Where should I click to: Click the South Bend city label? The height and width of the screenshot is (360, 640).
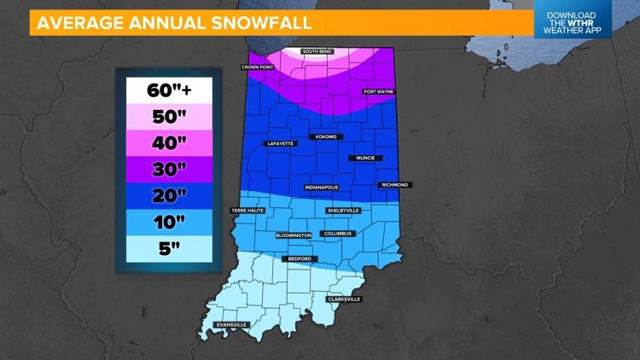[317, 52]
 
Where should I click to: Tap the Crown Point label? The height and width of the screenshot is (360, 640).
[257, 67]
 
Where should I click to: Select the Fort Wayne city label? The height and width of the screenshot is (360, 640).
[379, 91]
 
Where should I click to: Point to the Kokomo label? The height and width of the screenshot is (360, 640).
[326, 136]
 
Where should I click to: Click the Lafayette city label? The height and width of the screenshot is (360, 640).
[280, 143]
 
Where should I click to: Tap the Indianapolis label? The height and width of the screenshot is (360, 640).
[322, 187]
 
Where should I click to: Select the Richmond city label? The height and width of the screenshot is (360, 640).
[394, 185]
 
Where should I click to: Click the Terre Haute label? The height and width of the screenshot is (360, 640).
[247, 210]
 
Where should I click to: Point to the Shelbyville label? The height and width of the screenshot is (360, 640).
[344, 210]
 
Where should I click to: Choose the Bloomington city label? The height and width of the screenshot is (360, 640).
[294, 235]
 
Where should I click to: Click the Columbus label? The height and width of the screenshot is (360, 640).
[337, 233]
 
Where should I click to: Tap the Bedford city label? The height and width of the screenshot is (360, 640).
[300, 258]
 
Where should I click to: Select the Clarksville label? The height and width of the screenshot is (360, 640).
[345, 299]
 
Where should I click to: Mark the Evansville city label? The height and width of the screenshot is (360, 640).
[231, 325]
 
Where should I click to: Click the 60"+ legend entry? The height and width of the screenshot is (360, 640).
[168, 90]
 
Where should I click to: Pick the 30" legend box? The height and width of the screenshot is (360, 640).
[168, 169]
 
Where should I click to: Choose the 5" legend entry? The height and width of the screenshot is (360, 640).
[168, 248]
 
